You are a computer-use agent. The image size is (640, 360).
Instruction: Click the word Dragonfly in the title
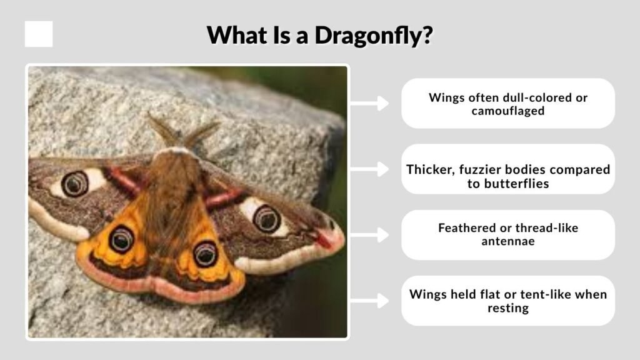click(x=373, y=35)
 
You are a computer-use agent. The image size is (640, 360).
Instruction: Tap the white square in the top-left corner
click(x=39, y=34)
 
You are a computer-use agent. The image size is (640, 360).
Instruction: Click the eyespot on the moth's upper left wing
click(x=75, y=183)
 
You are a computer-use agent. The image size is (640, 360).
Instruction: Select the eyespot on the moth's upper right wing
click(x=266, y=218)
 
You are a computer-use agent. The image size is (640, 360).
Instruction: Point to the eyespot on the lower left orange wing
click(x=121, y=239)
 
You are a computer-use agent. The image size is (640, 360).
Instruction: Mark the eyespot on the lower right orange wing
click(x=205, y=253)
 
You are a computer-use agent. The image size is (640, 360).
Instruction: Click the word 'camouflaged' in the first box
click(x=508, y=111)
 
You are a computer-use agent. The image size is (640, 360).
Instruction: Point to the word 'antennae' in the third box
click(x=508, y=242)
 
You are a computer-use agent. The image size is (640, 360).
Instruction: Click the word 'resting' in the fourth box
click(x=508, y=307)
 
